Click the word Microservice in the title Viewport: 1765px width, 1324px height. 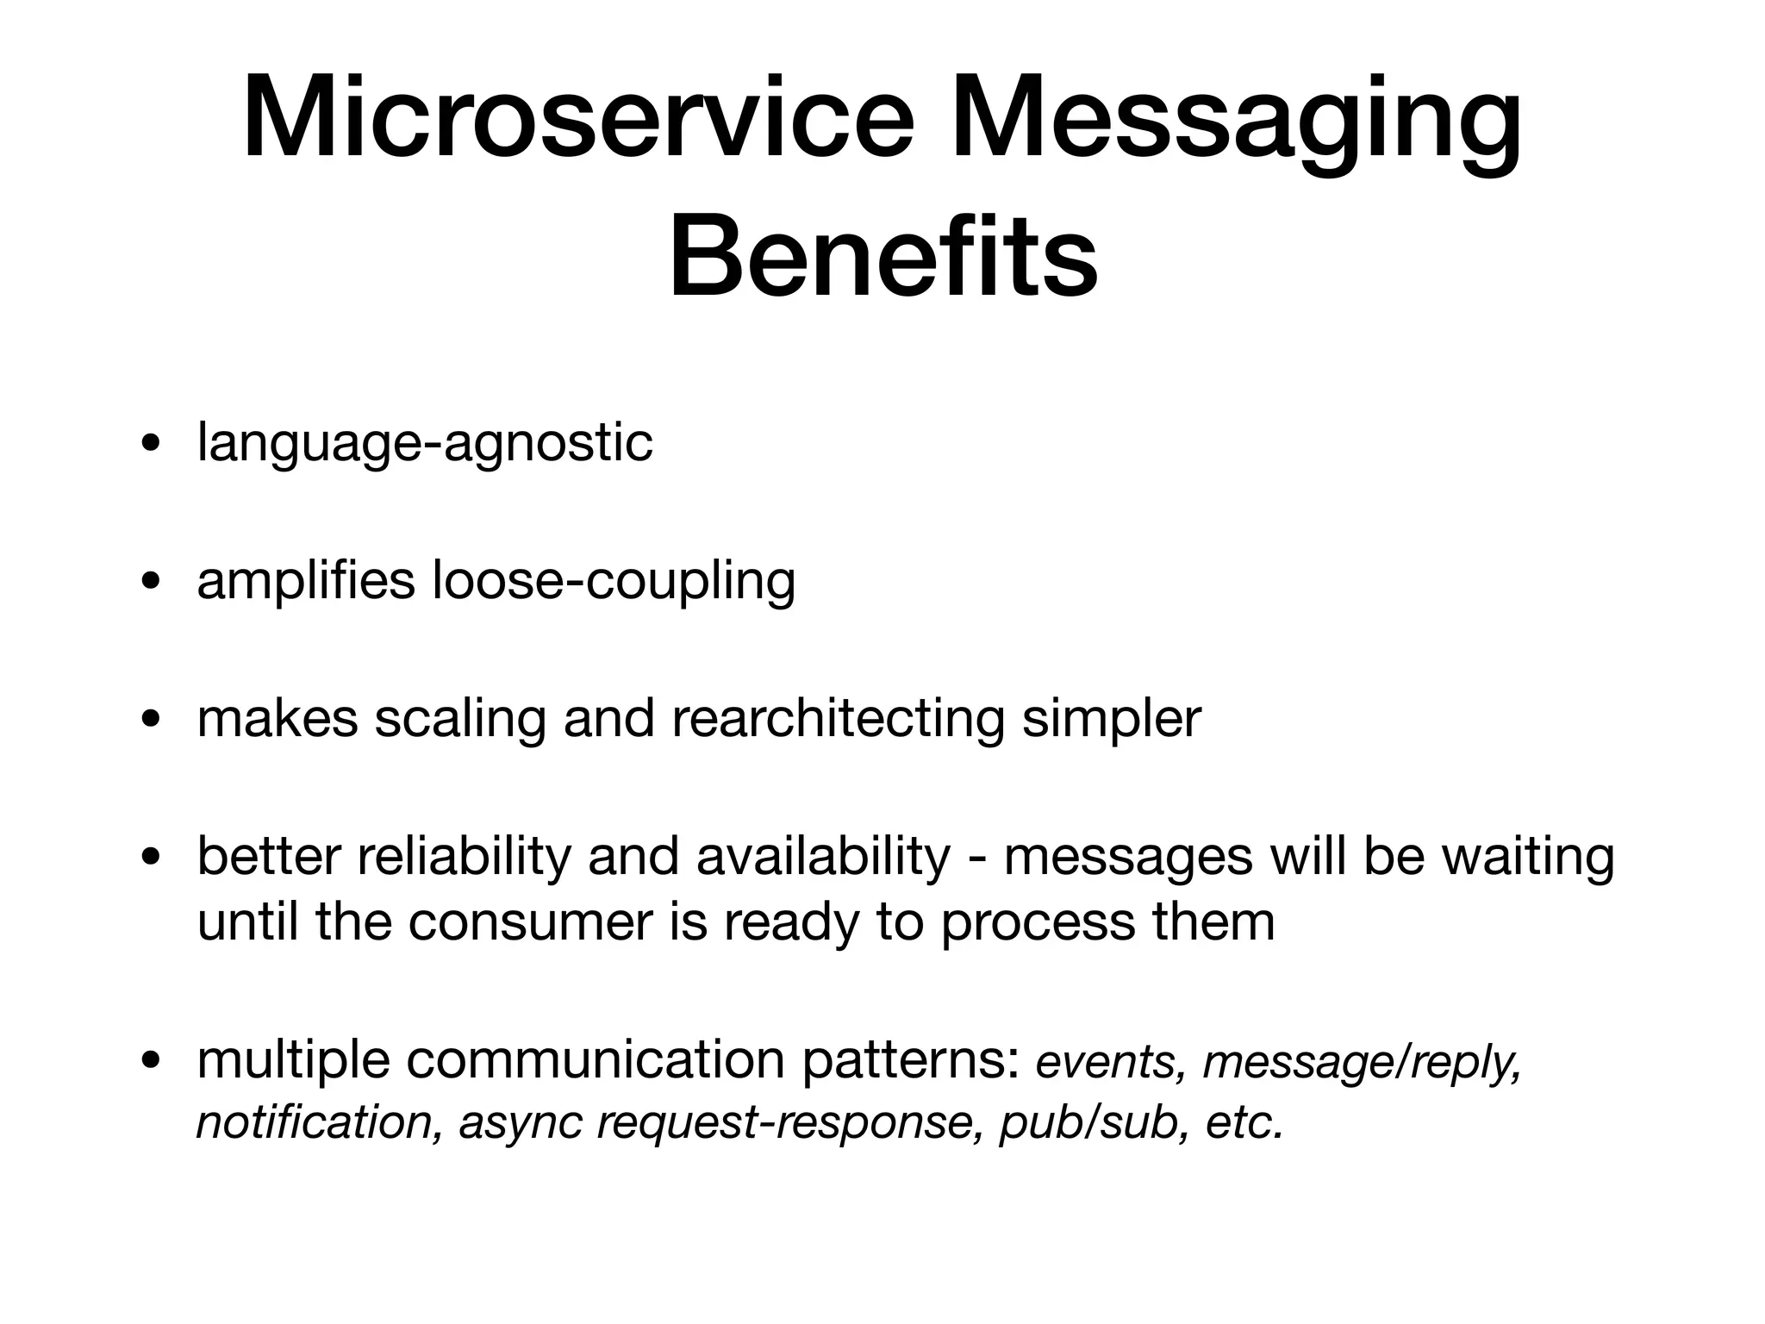pos(577,121)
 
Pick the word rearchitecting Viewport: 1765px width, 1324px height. pos(838,718)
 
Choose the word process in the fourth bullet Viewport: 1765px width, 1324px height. pos(1038,923)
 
